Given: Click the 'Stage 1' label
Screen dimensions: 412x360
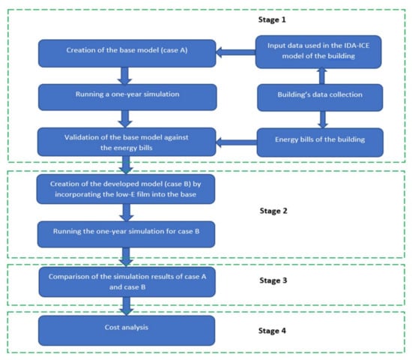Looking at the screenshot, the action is point(272,19).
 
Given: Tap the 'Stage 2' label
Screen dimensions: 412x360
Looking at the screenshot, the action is point(273,211).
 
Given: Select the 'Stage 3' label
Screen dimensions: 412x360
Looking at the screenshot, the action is point(273,280).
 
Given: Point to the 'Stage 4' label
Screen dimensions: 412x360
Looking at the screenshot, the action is point(272,331).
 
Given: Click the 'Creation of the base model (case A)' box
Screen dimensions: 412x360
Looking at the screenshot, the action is point(127,53).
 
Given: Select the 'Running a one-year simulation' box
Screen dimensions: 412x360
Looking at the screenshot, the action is point(127,97).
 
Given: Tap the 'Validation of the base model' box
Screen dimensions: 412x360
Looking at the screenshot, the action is point(127,142).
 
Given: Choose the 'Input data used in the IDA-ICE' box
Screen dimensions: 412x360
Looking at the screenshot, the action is point(318,52).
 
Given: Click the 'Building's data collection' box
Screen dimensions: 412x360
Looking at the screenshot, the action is point(320,97).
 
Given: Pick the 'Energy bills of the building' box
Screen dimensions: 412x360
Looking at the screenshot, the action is point(320,142).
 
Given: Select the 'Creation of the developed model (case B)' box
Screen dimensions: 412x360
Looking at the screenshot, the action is point(126,189).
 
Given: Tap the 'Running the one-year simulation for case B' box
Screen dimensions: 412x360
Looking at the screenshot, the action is point(126,234).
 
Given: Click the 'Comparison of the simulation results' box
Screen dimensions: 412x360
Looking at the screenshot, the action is point(127,282).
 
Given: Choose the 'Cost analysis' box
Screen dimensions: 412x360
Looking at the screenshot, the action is point(127,331).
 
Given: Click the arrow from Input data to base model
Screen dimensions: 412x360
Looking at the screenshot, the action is point(236,52).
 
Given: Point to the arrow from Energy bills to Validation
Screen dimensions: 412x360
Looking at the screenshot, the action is point(236,142).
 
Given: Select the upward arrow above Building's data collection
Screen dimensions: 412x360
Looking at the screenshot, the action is point(321,76).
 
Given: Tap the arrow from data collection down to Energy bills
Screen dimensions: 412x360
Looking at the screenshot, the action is point(323,120).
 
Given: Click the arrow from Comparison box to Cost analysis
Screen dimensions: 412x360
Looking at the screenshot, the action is point(127,306).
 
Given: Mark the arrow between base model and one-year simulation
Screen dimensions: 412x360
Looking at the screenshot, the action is point(124,76).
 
